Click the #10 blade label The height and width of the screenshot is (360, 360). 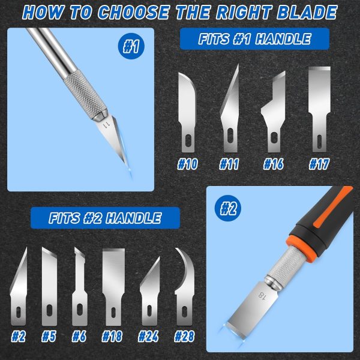(188, 164)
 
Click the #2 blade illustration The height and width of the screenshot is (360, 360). (19, 285)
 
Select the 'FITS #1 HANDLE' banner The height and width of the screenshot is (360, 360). (255, 40)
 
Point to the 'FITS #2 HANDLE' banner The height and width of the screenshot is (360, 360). (105, 217)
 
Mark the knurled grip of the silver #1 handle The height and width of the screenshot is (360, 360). (82, 94)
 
